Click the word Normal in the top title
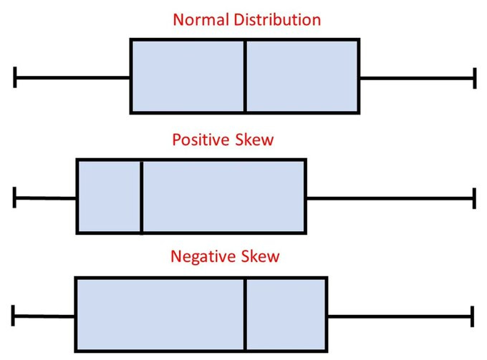(x=201, y=19)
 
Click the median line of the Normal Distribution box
(x=245, y=76)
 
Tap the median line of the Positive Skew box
(x=141, y=197)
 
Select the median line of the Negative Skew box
(x=245, y=314)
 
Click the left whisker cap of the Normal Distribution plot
(x=15, y=77)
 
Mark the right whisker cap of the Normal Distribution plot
(x=474, y=77)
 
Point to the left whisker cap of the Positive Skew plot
(x=14, y=198)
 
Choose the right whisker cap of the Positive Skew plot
(x=474, y=198)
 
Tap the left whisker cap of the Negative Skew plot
(x=14, y=315)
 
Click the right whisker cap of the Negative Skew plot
(x=473, y=315)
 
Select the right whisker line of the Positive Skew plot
(x=390, y=198)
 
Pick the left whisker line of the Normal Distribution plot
(x=72, y=77)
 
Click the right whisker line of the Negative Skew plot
(x=400, y=315)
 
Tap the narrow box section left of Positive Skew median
(x=109, y=197)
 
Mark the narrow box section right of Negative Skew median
(x=286, y=314)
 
